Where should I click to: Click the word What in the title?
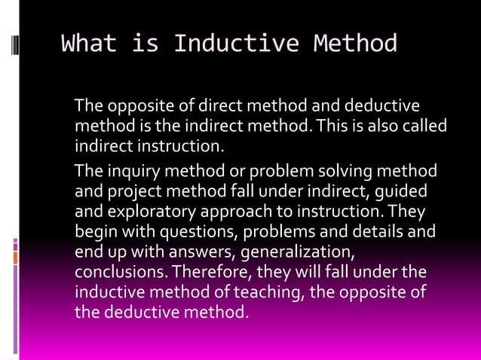(88, 44)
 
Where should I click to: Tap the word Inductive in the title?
(229, 44)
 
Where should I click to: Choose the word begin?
(94, 229)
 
